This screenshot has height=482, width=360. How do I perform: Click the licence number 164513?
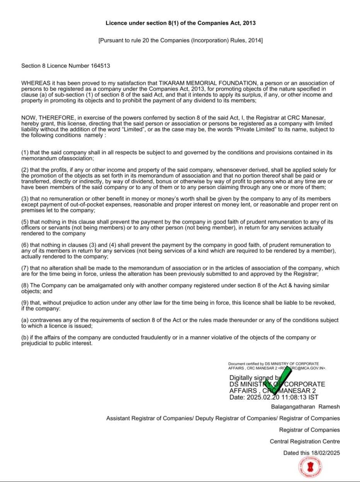click(100, 66)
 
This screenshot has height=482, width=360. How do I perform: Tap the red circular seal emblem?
click(311, 467)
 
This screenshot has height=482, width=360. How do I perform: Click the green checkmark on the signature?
click(277, 383)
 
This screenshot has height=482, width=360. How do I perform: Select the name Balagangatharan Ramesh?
click(306, 407)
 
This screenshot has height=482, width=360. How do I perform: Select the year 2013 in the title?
click(249, 23)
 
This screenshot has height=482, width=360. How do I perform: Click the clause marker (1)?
click(25, 153)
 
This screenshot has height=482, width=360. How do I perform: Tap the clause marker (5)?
click(25, 222)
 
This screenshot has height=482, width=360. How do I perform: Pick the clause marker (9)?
click(25, 303)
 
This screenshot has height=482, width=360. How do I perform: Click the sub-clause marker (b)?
click(25, 338)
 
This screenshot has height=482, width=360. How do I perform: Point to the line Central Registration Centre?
click(305, 441)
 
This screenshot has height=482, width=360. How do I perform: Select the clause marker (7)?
click(25, 268)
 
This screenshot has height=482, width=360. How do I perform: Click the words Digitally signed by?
click(255, 378)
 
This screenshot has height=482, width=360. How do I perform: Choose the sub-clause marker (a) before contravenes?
click(25, 320)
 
